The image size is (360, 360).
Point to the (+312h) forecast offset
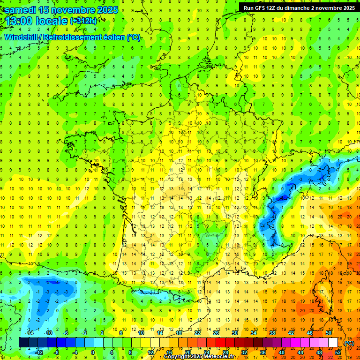pos(83,22)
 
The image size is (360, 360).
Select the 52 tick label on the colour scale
pos(338,352)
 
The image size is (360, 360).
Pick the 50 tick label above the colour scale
pos(329,333)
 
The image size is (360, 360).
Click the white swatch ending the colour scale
pos(333,343)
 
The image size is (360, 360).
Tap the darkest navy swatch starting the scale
pos(23,343)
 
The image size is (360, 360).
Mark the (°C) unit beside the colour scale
pos(349,343)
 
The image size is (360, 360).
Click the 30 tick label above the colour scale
pos(235,333)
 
